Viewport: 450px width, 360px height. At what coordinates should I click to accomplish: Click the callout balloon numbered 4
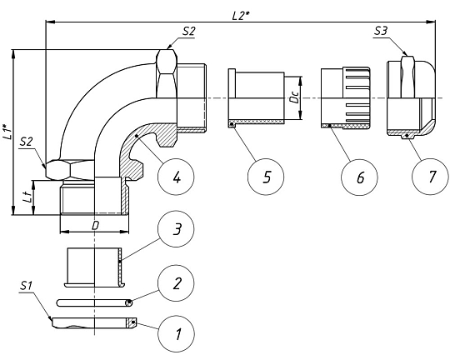[176, 177]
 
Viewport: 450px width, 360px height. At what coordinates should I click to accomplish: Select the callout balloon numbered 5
[266, 177]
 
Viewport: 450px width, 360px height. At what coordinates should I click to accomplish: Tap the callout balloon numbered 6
[359, 177]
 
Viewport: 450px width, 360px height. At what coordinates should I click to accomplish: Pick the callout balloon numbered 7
[430, 177]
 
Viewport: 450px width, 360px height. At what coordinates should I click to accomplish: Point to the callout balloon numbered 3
[176, 229]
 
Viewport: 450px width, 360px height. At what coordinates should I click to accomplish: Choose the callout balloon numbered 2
[176, 283]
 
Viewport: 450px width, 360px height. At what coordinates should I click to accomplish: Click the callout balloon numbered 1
[176, 334]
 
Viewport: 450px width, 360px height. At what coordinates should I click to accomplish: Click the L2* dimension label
[240, 16]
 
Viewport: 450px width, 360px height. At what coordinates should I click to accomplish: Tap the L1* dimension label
[7, 132]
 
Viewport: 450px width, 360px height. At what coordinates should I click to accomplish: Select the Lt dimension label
[28, 197]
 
